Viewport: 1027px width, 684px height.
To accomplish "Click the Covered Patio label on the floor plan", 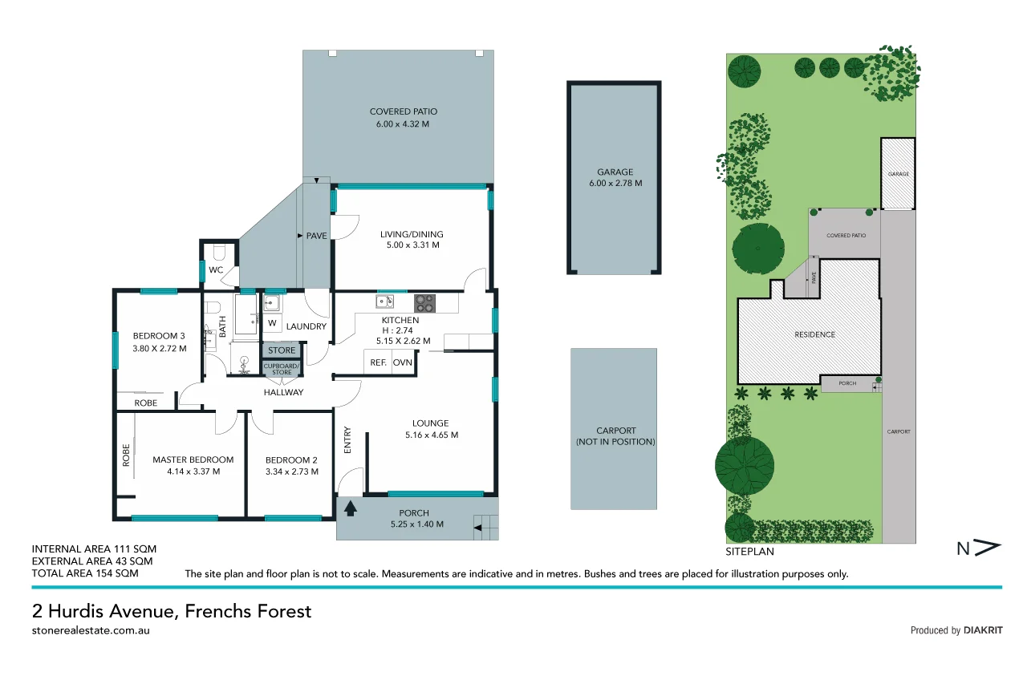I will [403, 111].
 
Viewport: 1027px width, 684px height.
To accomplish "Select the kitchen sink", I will [384, 302].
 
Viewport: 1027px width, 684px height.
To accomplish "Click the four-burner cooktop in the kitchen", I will [424, 303].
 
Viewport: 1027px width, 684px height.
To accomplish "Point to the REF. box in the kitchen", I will [378, 362].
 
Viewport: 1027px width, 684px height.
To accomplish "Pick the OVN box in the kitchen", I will [403, 362].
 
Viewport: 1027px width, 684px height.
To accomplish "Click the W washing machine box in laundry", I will [272, 323].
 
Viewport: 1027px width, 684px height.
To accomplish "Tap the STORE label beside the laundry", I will [282, 350].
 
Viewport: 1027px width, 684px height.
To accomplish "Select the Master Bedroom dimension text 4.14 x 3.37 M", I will [193, 472].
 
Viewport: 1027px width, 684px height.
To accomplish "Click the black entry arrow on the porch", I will [350, 507].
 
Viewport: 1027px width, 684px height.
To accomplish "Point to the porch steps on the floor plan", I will [486, 526].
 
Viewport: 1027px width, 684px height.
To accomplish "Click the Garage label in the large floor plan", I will [615, 172].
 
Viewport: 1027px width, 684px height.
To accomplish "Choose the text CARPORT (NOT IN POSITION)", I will [615, 436].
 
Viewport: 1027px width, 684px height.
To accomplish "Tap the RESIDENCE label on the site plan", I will [815, 334].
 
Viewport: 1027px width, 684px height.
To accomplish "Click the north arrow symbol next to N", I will [990, 548].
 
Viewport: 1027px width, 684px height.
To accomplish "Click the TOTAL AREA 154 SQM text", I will [84, 573].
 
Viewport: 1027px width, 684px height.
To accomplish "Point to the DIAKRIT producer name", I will [983, 630].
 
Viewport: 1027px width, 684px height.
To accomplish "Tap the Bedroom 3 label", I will [159, 335].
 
